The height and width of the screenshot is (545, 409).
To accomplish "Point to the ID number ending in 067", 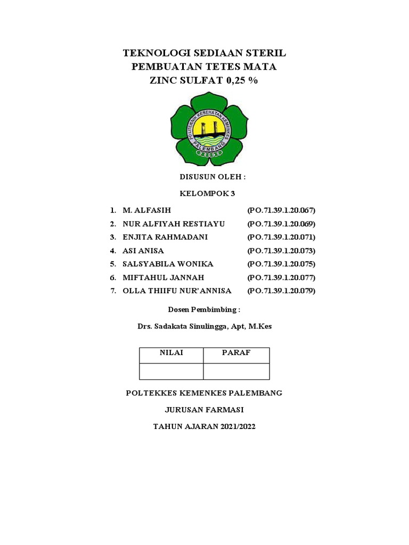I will pyautogui.click(x=281, y=211).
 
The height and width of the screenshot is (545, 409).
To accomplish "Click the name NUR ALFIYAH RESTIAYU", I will pyautogui.click(x=167, y=224).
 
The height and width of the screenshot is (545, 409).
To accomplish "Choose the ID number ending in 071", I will pyautogui.click(x=281, y=237).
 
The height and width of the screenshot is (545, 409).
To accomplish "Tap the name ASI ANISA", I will pyautogui.click(x=143, y=251).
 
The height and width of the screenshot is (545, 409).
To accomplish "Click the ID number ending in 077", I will pyautogui.click(x=281, y=277).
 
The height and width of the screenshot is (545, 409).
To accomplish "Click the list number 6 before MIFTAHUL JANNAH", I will pyautogui.click(x=113, y=277).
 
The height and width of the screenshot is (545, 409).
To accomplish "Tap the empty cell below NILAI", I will pyautogui.click(x=171, y=371).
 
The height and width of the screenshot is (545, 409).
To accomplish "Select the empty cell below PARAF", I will pyautogui.click(x=236, y=371).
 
